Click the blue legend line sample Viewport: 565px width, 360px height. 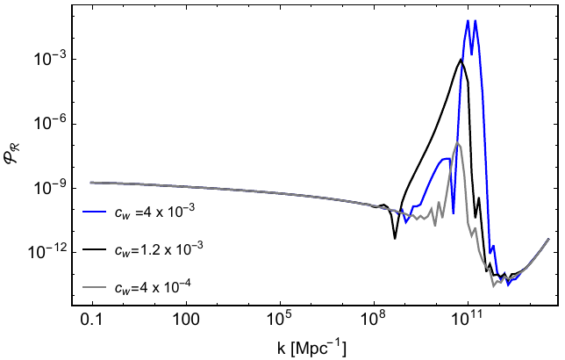pos(95,212)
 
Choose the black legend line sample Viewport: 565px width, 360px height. pos(95,249)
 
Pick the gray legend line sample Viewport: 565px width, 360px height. pos(95,287)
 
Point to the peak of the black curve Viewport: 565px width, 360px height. pos(461,59)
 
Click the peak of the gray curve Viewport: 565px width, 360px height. pos(457,142)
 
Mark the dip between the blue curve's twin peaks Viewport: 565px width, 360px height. pos(471,54)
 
